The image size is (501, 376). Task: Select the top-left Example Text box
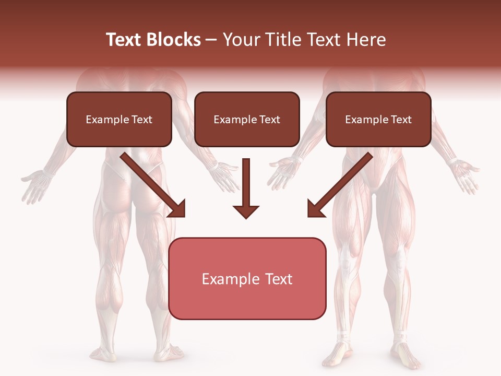(x=119, y=119)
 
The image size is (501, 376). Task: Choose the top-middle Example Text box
(x=247, y=119)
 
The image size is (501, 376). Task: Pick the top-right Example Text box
(x=378, y=119)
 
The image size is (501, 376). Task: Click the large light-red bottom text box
(x=247, y=278)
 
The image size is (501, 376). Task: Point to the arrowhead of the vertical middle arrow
(x=246, y=211)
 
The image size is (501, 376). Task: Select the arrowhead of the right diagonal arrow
(x=314, y=209)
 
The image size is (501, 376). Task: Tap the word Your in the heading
(x=241, y=40)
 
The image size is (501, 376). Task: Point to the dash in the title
(x=211, y=40)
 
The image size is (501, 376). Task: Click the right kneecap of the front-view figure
(x=400, y=256)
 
